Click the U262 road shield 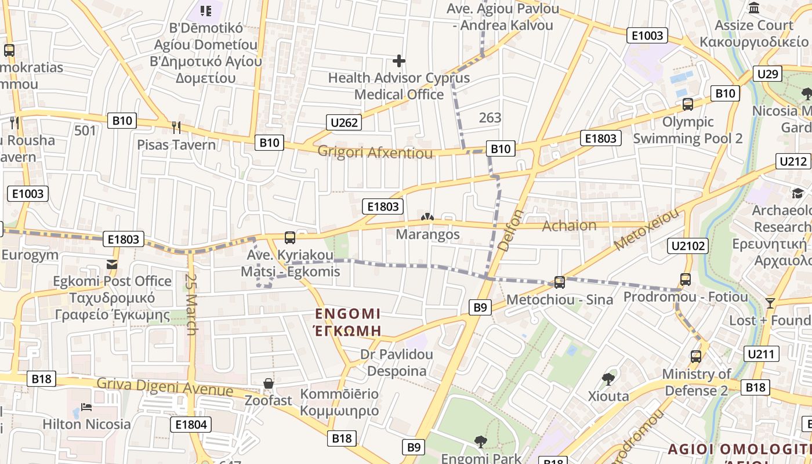click(x=345, y=122)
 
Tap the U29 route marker click(x=767, y=74)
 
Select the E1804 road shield click(x=191, y=425)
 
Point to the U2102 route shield click(x=688, y=246)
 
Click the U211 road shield click(x=762, y=354)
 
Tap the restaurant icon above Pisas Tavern click(x=176, y=126)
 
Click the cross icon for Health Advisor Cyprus click(x=399, y=60)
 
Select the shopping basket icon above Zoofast click(x=269, y=383)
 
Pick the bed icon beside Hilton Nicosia click(x=86, y=407)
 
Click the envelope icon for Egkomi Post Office click(x=112, y=264)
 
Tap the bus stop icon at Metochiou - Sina click(x=559, y=282)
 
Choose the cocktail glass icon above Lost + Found click(x=770, y=303)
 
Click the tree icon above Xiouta click(x=608, y=379)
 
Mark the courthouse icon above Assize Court click(x=754, y=8)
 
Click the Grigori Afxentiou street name click(x=375, y=153)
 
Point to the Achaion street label click(x=569, y=226)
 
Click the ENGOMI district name click(x=348, y=314)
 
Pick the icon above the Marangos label click(x=427, y=217)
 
